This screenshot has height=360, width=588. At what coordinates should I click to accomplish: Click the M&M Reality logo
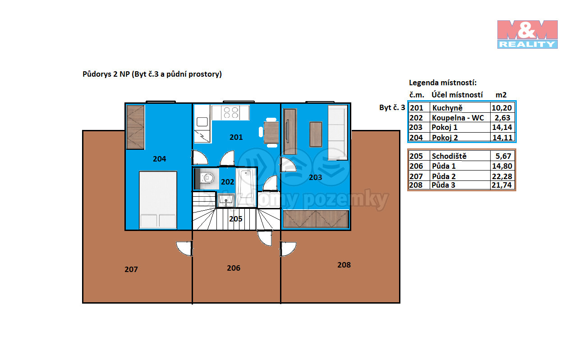pyautogui.click(x=527, y=34)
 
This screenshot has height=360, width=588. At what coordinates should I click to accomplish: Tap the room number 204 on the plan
pyautogui.click(x=159, y=159)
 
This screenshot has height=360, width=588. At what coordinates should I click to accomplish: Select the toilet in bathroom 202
pyautogui.click(x=207, y=178)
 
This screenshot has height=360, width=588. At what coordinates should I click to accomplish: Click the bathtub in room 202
pyautogui.click(x=246, y=187)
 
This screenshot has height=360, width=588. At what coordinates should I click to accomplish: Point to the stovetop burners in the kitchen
pyautogui.click(x=231, y=113)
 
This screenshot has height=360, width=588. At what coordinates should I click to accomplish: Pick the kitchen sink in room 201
pyautogui.click(x=202, y=122)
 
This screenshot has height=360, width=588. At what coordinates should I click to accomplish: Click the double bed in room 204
pyautogui.click(x=158, y=200)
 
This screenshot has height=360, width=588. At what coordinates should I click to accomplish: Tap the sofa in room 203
pyautogui.click(x=338, y=133)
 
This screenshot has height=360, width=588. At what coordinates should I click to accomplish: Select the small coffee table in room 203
pyautogui.click(x=316, y=134)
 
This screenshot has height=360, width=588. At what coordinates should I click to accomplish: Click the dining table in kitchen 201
pyautogui.click(x=271, y=133)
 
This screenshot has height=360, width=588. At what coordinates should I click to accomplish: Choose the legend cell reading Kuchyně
pyautogui.click(x=447, y=108)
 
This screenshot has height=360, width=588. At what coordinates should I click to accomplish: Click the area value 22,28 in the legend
pyautogui.click(x=501, y=176)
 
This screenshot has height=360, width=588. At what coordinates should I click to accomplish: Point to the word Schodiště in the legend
pyautogui.click(x=449, y=156)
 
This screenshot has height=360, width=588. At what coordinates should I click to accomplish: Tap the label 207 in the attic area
pyautogui.click(x=131, y=269)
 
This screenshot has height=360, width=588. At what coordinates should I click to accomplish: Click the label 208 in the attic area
pyautogui.click(x=344, y=265)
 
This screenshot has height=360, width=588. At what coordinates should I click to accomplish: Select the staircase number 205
pyautogui.click(x=235, y=219)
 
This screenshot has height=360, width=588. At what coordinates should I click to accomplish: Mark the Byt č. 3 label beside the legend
pyautogui.click(x=392, y=107)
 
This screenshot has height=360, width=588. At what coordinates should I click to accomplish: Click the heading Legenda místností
pyautogui.click(x=442, y=83)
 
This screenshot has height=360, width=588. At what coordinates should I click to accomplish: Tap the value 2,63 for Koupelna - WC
pyautogui.click(x=502, y=118)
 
